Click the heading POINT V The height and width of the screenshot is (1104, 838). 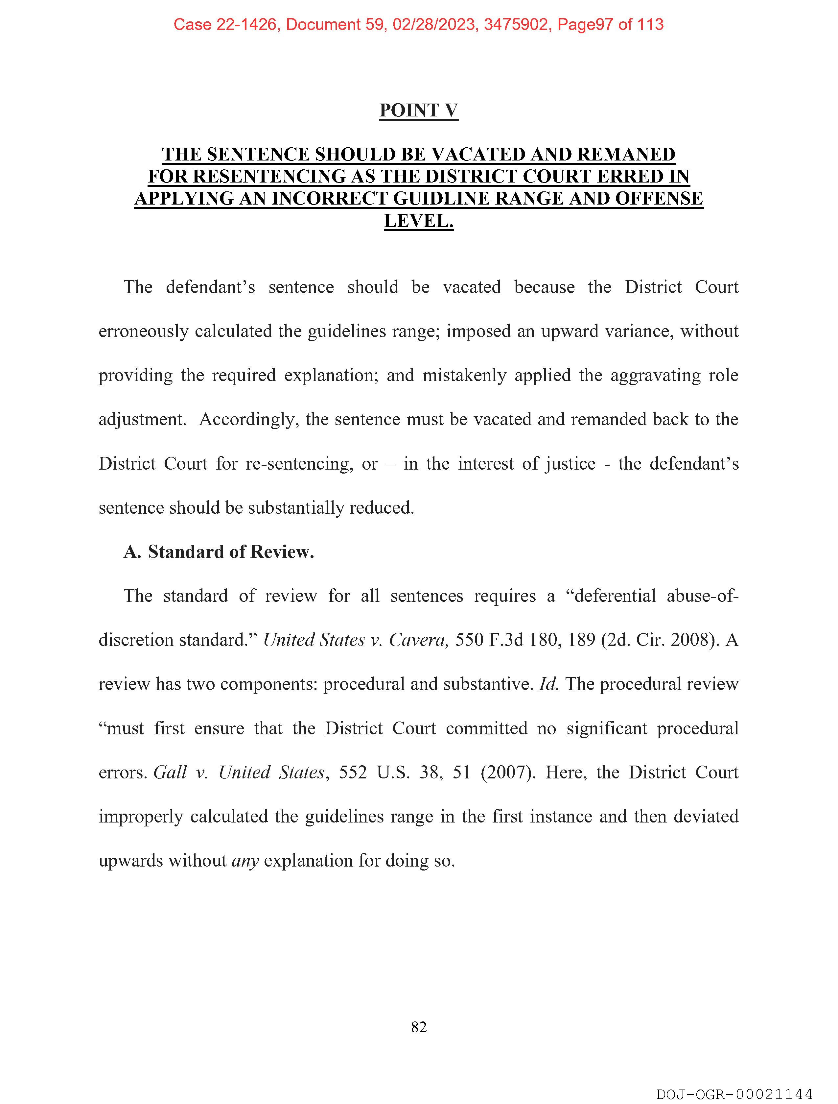[418, 110]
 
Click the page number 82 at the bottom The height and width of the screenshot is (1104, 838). [418, 1027]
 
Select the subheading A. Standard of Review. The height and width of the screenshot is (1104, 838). [219, 552]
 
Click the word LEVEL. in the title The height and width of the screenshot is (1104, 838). [418, 221]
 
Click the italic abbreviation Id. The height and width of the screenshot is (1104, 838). [549, 684]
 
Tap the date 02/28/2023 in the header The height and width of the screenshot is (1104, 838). [433, 24]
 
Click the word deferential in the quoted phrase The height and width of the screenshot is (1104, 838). [615, 596]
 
